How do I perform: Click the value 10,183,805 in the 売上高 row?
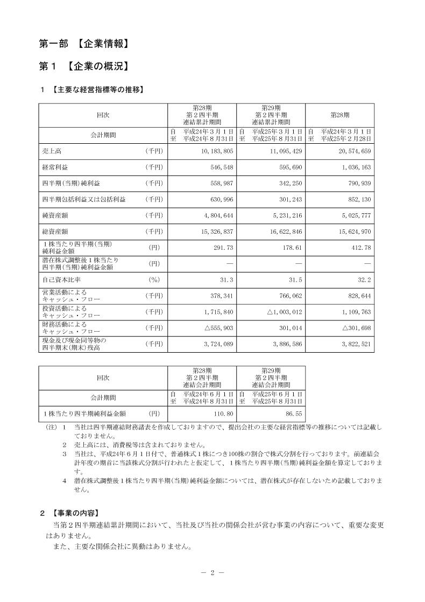click(214, 151)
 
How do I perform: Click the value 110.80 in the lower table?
click(222, 414)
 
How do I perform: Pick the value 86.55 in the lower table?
click(293, 414)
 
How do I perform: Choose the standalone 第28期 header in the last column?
click(339, 115)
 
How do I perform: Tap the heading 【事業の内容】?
click(75, 511)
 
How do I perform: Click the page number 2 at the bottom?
click(212, 572)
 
